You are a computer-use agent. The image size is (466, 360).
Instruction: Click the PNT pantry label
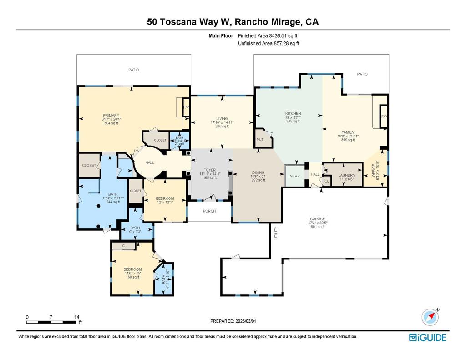point(260,140)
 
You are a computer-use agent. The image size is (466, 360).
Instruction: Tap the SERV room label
point(295,176)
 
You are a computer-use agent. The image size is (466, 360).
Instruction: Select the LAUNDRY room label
point(347,175)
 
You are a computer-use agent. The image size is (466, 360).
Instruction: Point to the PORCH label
point(209,211)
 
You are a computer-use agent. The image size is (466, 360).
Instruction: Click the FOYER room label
point(209,170)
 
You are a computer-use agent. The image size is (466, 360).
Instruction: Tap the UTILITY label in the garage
point(276,233)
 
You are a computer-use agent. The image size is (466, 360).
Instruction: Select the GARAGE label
point(318,219)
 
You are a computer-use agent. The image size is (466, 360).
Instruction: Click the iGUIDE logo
point(427,337)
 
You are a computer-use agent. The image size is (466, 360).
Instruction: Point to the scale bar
point(51,322)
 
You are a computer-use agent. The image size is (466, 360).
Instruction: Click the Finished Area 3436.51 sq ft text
point(268,35)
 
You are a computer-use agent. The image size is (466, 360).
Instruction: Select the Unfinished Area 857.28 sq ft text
point(268,44)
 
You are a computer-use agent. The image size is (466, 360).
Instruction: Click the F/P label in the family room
point(384,117)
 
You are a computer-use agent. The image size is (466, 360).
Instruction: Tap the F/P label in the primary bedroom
point(186,107)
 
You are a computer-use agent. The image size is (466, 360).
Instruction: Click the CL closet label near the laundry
point(327,181)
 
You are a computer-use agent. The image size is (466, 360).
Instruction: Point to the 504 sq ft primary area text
point(111,123)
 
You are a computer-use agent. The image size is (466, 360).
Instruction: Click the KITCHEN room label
point(293,113)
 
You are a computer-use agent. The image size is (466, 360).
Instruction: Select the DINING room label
point(258,172)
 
